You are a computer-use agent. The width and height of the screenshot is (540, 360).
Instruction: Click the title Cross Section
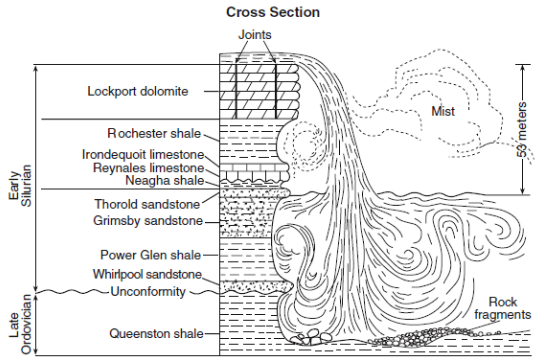(273, 12)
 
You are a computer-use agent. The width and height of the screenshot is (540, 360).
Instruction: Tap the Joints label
(255, 35)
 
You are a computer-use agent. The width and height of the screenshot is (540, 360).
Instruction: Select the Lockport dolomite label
(138, 91)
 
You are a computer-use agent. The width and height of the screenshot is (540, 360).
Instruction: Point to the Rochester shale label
(154, 133)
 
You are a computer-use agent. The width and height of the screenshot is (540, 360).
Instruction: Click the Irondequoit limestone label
(143, 155)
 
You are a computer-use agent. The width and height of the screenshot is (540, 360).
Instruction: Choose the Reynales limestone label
(148, 168)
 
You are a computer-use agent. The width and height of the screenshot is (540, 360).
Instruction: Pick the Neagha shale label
(165, 180)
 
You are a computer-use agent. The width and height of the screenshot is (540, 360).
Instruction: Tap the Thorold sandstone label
(147, 204)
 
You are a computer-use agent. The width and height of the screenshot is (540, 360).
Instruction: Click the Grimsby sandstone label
(148, 220)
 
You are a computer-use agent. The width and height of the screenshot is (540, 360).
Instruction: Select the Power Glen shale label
(150, 255)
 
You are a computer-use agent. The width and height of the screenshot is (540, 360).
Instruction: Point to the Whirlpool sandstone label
(147, 274)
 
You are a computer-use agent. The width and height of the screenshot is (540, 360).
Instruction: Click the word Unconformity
(148, 292)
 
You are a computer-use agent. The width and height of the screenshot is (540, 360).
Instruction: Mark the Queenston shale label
(156, 333)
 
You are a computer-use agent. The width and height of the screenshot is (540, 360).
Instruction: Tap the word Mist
(443, 111)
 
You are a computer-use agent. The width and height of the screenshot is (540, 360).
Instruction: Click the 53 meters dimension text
(522, 129)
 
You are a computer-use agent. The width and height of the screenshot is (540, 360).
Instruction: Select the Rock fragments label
(502, 308)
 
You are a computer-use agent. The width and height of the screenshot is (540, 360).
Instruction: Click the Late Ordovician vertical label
(20, 324)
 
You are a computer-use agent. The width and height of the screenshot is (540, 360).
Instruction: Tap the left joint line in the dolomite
(236, 91)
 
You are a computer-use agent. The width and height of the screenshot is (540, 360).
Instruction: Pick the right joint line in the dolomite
(276, 91)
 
